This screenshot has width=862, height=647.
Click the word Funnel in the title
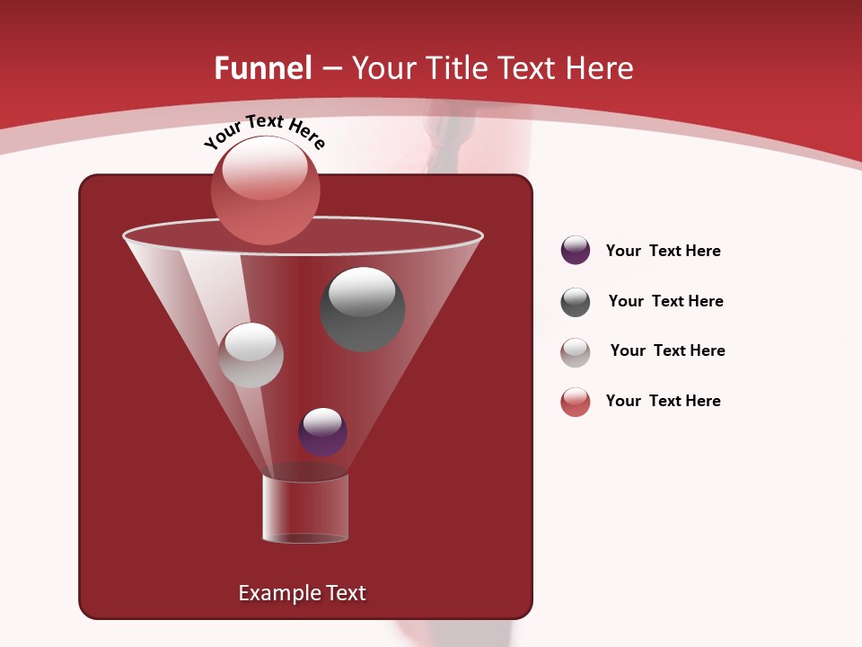263,68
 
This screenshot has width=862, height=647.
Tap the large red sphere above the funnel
265,190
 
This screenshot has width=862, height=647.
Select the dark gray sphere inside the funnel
362,308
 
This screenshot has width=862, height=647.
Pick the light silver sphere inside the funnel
251,355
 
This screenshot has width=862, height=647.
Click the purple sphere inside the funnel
322,431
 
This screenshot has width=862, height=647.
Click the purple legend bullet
576,251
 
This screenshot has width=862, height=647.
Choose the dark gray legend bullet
576,302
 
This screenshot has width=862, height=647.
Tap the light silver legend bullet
576,352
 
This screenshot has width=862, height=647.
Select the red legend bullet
576,402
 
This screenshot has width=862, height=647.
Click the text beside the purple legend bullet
663,251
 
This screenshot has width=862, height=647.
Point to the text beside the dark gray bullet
665,301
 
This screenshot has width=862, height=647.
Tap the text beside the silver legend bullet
667,350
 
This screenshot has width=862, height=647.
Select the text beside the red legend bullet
663,401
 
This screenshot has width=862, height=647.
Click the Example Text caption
302,593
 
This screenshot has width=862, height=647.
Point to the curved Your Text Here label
264,130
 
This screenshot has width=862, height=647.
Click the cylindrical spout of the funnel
305,509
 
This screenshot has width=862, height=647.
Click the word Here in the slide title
601,68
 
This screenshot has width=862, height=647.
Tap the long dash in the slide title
331,69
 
